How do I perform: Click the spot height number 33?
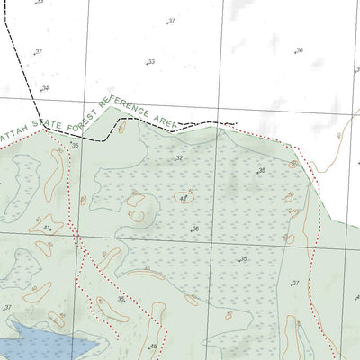(x=151, y=62)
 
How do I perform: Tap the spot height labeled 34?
(x=44, y=88)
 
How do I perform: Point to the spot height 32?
(x=179, y=158)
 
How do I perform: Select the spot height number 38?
(x=261, y=170)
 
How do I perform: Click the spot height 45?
(x=154, y=346)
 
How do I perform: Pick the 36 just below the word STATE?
(x=75, y=145)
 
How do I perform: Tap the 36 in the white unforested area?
(x=299, y=51)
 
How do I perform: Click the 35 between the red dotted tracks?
(x=121, y=300)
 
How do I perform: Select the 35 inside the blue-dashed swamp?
(x=242, y=259)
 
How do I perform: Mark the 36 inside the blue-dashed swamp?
(x=194, y=229)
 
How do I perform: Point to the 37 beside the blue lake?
(x=7, y=308)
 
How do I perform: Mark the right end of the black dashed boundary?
(x=238, y=124)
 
